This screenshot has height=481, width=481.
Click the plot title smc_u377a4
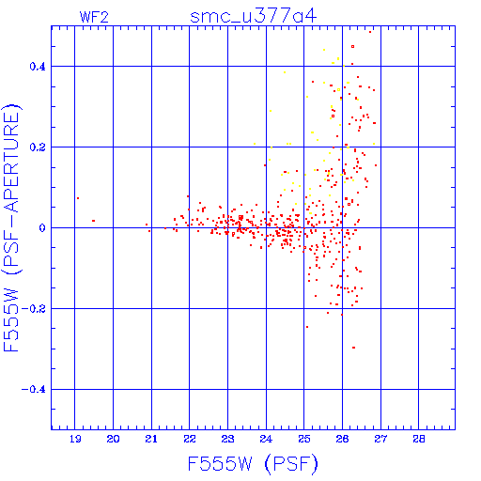253,16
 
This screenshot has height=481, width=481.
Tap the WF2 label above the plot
94,17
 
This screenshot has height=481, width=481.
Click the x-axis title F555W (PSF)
253,464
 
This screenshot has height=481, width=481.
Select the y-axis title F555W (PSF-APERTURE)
11,227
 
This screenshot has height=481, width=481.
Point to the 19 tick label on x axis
75,439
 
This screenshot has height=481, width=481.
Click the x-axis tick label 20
113,439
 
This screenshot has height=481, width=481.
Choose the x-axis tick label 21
151,439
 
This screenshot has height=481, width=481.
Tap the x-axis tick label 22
190,439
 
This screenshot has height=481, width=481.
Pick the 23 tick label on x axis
227,439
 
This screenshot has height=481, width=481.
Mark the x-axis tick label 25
304,439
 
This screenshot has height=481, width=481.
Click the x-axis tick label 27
380,439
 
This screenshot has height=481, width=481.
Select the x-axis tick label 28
419,439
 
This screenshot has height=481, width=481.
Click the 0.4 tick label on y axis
38,67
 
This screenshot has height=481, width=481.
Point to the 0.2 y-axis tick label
38,147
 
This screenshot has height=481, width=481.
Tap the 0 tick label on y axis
42,228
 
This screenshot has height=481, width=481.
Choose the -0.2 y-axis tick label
34,309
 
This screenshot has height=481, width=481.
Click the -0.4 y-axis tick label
34,390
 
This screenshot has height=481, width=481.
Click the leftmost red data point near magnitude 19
78,198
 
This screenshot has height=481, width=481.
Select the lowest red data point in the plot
353,348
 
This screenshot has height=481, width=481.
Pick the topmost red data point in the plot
370,32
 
